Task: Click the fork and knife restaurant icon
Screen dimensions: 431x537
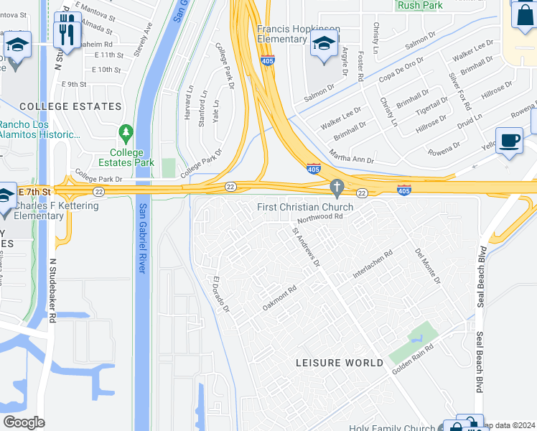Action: click(67, 30)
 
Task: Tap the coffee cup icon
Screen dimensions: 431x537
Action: click(510, 141)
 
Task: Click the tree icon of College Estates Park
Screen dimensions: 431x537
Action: click(126, 133)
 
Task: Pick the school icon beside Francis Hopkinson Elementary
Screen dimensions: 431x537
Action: click(324, 45)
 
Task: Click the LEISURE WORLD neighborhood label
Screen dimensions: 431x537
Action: click(340, 363)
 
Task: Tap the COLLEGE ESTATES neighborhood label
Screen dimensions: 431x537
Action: click(70, 106)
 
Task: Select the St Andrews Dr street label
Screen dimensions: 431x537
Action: click(306, 246)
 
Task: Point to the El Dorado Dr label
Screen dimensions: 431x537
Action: click(220, 295)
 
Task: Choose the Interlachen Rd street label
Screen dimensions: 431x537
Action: click(373, 264)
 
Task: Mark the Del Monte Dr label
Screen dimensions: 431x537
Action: click(428, 266)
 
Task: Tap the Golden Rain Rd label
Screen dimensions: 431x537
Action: click(413, 358)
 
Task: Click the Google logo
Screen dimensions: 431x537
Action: click(24, 422)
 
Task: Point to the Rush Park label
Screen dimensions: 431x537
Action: click(420, 4)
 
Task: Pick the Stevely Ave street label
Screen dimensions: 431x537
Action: click(143, 40)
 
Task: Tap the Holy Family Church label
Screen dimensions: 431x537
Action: click(392, 428)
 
